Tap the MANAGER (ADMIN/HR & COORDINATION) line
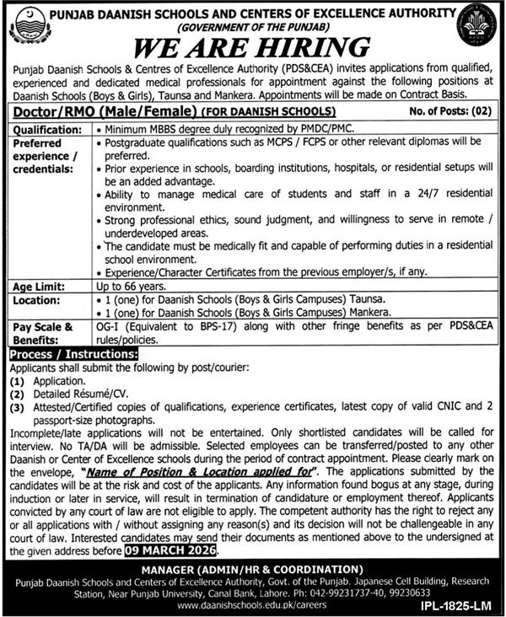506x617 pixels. coord(253,569)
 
